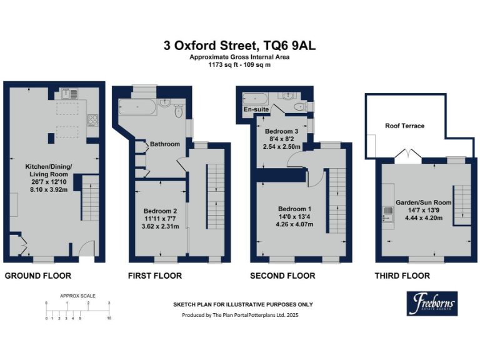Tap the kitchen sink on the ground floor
pyautogui.click(x=70, y=94)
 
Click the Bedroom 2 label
pyautogui.click(x=161, y=211)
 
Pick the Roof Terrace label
pyautogui.click(x=404, y=126)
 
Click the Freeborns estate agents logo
pyautogui.click(x=432, y=304)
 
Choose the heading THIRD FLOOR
pyautogui.click(x=402, y=276)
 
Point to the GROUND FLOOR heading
pyautogui.click(x=37, y=276)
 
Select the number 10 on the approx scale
pyautogui.click(x=109, y=319)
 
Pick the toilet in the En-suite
pyautogui.click(x=304, y=105)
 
